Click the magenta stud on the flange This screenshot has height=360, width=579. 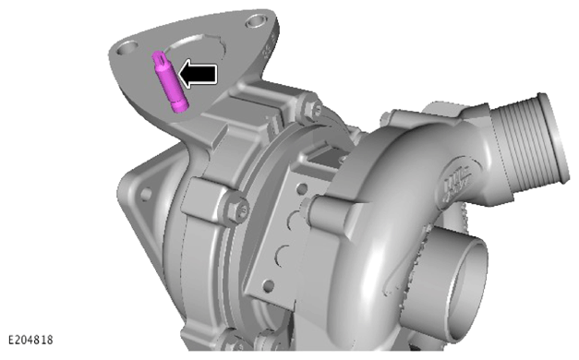[x=170, y=82]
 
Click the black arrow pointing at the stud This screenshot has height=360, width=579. [x=198, y=74]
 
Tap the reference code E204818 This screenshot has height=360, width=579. [x=30, y=340]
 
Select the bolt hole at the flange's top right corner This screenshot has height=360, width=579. [x=258, y=20]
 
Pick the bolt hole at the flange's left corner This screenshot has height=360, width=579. [x=127, y=48]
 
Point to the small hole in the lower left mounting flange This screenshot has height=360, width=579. [x=146, y=194]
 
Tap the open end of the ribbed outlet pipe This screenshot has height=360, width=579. [x=553, y=138]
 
